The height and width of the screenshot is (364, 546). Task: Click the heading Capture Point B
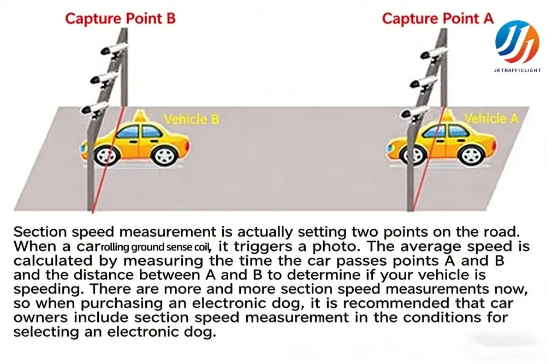121,18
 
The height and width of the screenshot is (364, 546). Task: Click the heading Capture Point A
437,18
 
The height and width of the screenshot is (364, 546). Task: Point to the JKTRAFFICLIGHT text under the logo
517,70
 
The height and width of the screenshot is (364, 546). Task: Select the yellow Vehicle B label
191,119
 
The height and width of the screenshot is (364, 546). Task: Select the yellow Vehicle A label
491,118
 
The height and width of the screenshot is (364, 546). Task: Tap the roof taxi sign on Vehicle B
141,116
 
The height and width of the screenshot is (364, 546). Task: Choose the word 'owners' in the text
38,317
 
